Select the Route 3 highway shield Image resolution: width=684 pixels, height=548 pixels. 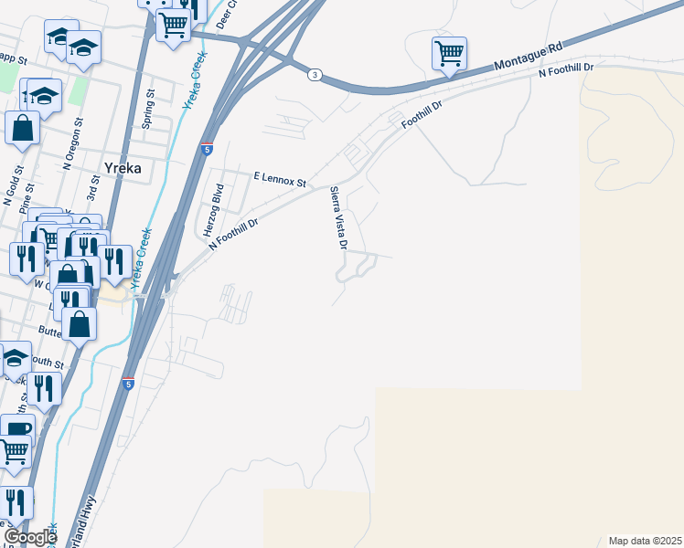coord(314,75)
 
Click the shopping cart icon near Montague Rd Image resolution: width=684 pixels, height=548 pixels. coord(449,53)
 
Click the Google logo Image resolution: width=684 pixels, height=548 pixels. coord(30,536)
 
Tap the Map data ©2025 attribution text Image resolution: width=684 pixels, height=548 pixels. coord(645,541)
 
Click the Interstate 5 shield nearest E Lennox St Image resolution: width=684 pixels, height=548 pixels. coord(208,148)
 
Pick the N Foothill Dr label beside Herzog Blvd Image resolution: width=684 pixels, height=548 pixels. coord(234,233)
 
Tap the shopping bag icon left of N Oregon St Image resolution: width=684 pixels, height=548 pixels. coord(23,129)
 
